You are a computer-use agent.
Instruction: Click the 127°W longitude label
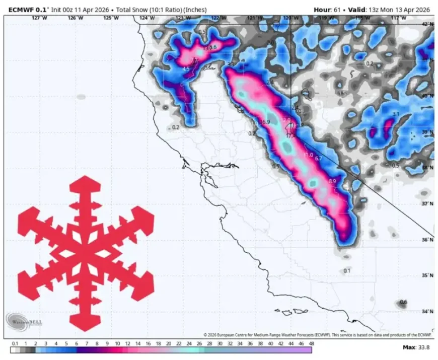coord(39,18)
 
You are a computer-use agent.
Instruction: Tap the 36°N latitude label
coord(427,240)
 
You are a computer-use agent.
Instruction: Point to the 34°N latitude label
coord(427,312)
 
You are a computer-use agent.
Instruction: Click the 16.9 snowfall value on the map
coord(264,122)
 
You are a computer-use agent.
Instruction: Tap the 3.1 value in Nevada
coord(395,114)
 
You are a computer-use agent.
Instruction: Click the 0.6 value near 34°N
coord(403,302)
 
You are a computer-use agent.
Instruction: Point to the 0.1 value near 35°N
coord(346,271)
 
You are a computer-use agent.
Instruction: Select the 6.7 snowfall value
coord(318,159)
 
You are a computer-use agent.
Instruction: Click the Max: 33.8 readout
coord(416,347)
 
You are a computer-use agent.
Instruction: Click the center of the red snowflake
coord(86,252)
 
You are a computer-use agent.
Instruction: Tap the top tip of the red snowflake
coord(86,178)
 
